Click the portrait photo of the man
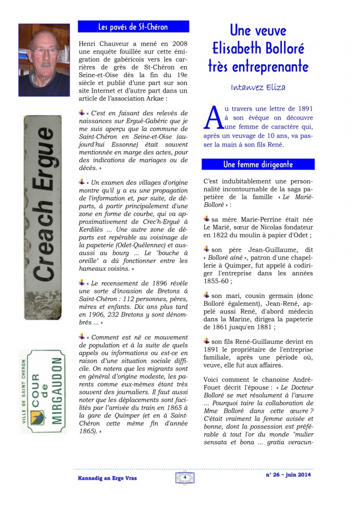44,53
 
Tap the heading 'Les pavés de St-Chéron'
133,27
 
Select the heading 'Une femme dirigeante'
258,164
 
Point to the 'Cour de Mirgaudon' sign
43,391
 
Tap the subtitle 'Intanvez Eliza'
258,88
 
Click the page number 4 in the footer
184,477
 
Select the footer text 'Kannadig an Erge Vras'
103,478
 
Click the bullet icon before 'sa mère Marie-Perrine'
207,218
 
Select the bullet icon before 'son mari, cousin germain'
207,295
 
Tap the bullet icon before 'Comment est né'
82,336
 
